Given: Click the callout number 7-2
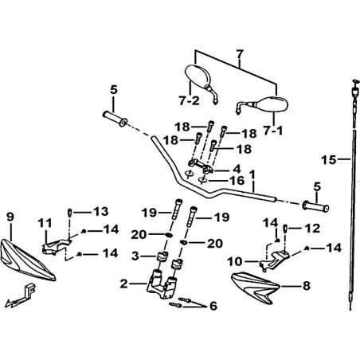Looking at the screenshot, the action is tap(189, 100).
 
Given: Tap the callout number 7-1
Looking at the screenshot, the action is tap(273, 131).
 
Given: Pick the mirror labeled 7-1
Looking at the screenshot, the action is tap(262, 105).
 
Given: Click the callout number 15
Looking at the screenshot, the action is tap(329, 160).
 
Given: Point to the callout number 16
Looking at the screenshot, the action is tap(237, 181).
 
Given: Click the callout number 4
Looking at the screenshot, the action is tap(237, 169).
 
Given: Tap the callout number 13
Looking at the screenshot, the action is tap(100, 212).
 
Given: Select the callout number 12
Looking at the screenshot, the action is tap(312, 228).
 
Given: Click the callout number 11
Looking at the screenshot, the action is tap(45, 223).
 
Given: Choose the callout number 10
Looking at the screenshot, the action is tap(235, 262).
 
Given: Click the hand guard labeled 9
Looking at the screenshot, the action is tap(28, 260).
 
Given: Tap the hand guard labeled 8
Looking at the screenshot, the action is tap(254, 288).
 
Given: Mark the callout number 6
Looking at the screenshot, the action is tap(213, 306).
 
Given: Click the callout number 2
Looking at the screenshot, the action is tap(123, 284).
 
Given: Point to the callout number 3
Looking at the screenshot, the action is tap(135, 256).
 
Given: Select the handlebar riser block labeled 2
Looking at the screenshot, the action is tap(162, 284).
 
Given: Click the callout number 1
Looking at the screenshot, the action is tap(252, 175).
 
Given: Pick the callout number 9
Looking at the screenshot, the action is tap(10, 217).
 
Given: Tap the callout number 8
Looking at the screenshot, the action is tap(307, 286).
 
